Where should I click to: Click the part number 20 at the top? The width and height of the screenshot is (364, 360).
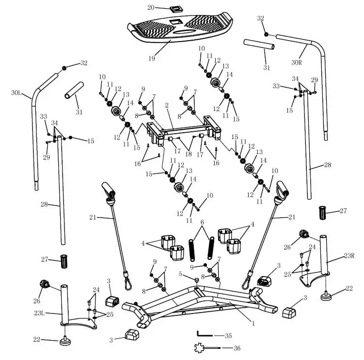(151, 7)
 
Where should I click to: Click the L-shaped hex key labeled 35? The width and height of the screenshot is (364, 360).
(204, 334)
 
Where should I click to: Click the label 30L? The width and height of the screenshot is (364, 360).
(16, 92)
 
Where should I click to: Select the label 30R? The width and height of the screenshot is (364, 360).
(297, 62)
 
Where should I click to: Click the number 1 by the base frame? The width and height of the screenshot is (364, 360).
(252, 321)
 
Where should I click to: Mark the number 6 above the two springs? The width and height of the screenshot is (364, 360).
(203, 222)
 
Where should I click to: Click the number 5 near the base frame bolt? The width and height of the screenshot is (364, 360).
(180, 274)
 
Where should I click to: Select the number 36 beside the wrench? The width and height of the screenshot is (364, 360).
(237, 348)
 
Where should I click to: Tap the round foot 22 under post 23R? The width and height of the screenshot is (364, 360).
(330, 296)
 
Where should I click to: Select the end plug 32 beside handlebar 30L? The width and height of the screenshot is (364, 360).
(63, 69)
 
